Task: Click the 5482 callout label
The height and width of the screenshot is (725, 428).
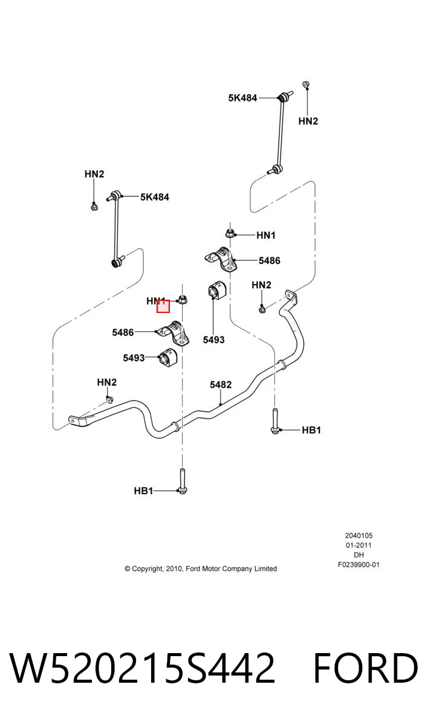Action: [x=221, y=384]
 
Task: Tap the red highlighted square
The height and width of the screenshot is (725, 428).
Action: [x=163, y=306]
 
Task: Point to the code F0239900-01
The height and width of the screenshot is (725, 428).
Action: [x=358, y=565]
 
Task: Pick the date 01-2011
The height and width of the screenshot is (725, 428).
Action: [x=358, y=546]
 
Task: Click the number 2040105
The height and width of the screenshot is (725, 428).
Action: [x=358, y=536]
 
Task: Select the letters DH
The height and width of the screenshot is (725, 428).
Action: [x=358, y=555]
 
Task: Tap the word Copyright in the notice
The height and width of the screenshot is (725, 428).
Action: [x=147, y=569]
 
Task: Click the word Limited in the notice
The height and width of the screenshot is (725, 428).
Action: [x=265, y=569]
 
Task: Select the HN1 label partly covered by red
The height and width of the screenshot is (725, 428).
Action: [x=156, y=301]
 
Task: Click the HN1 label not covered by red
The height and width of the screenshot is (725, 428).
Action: [x=266, y=235]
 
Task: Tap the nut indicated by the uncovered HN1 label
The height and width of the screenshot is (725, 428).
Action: [x=230, y=233]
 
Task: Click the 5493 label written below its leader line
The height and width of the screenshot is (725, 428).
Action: [x=213, y=340]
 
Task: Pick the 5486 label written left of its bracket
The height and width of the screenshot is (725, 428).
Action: [x=123, y=332]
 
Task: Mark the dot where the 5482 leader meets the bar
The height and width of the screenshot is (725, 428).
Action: [x=221, y=404]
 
